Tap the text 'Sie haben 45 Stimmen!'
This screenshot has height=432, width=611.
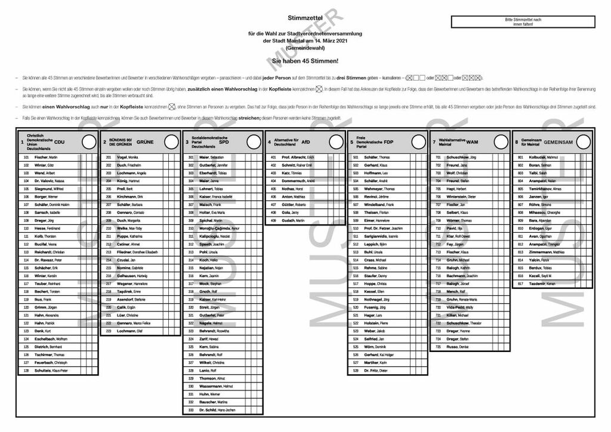[305, 61]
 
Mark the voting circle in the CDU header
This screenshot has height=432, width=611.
[89, 141]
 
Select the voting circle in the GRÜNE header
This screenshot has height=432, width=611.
[171, 141]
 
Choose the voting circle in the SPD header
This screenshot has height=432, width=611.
[254, 141]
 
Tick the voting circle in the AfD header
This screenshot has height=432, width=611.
[336, 141]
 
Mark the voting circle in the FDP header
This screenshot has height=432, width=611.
[418, 141]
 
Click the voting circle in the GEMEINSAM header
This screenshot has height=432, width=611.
[583, 141]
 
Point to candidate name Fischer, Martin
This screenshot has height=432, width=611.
[45, 157]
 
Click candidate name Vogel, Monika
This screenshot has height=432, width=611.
[126, 157]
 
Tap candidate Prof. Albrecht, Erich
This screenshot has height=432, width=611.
[298, 157]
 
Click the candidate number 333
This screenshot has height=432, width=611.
[191, 411]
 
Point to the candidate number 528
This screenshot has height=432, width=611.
[356, 371]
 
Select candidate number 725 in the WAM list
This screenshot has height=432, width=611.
[438, 347]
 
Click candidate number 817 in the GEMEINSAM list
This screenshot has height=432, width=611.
[520, 283]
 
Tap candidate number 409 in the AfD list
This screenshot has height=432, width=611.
[273, 220]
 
